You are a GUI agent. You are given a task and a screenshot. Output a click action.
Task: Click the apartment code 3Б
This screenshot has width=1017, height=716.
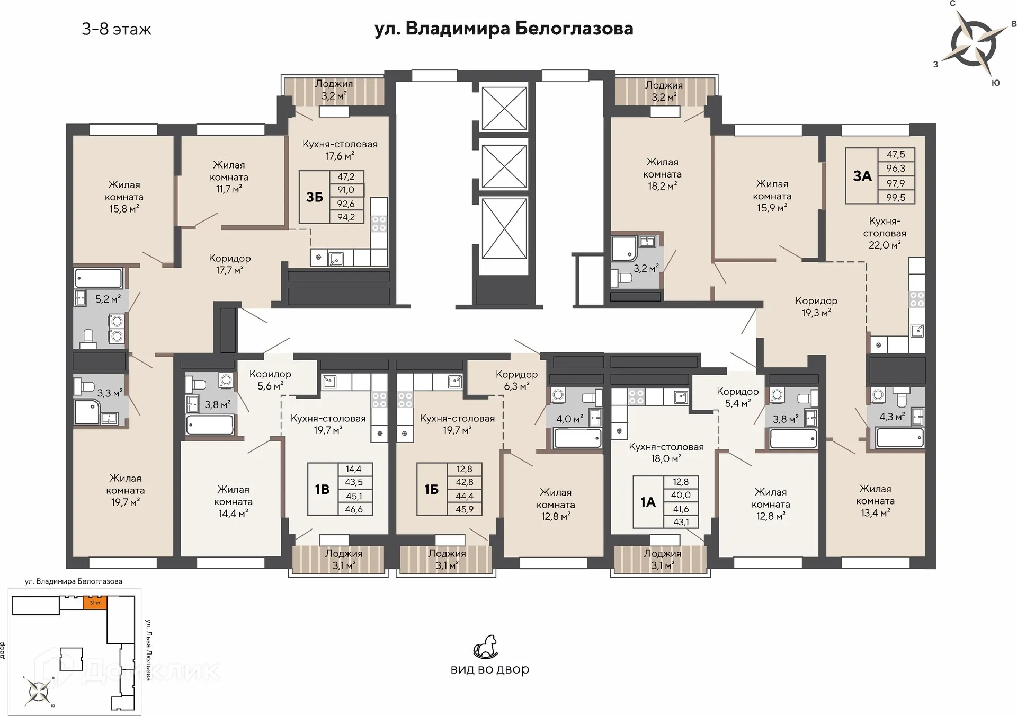click(x=315, y=197)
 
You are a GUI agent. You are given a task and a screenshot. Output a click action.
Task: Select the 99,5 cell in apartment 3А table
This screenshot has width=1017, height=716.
click(x=896, y=197)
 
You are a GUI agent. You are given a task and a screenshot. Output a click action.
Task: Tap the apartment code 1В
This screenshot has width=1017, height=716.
click(x=323, y=489)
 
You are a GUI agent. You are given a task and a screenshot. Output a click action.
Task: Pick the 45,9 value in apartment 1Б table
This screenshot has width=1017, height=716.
click(x=465, y=509)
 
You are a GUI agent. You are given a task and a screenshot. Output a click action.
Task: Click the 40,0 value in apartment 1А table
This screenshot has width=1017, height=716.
click(x=681, y=495)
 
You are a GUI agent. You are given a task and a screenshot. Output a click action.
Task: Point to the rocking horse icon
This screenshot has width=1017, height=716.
click(x=486, y=647)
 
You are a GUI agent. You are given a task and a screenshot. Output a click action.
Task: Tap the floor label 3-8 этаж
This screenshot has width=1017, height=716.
click(x=117, y=29)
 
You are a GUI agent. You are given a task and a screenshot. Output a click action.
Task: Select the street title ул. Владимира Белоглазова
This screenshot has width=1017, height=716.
click(x=504, y=29)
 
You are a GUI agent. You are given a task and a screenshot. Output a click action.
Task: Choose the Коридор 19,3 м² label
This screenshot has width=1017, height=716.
click(x=816, y=307)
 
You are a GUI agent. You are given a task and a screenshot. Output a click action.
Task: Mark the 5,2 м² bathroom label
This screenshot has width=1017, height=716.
click(x=108, y=299)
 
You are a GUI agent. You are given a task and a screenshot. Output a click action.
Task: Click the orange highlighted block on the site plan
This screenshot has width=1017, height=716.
click(x=95, y=603)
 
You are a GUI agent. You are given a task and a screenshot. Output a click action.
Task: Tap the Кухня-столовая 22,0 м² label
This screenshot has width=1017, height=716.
click(x=885, y=233)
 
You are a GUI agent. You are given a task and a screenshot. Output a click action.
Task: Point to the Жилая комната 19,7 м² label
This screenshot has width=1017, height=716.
click(x=126, y=490)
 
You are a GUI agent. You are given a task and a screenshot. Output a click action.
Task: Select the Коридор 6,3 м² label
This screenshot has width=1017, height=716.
click(x=516, y=380)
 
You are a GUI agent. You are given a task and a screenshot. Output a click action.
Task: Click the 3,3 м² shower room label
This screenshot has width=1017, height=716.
click(x=110, y=393)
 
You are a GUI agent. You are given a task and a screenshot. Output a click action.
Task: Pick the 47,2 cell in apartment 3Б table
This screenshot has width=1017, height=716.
click(x=346, y=177)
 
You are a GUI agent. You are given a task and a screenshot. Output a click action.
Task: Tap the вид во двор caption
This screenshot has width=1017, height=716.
click(x=490, y=669)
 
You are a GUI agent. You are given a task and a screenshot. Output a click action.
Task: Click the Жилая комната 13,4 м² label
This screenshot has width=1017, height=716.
click(x=875, y=501)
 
